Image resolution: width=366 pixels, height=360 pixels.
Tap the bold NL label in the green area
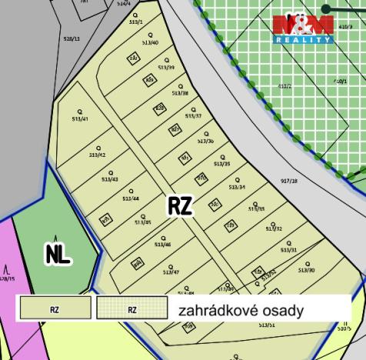pyautogui.click(x=58, y=255)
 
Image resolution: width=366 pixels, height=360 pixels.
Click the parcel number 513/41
pyautogui.click(x=79, y=119)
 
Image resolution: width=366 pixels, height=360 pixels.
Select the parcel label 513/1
pyautogui.click(x=136, y=22)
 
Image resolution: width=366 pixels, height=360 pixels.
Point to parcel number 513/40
pyautogui.click(x=151, y=43)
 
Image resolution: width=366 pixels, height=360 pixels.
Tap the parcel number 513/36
pyautogui.click(x=205, y=141)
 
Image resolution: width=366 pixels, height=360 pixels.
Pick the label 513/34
pyautogui.click(x=237, y=187)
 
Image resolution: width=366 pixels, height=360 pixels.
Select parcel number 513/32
pyautogui.click(x=274, y=228)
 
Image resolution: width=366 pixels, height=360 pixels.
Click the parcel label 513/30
pyautogui.click(x=307, y=270)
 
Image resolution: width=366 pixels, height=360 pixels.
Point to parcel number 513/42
pyautogui.click(x=97, y=155)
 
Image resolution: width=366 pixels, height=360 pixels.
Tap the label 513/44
pyautogui.click(x=131, y=198)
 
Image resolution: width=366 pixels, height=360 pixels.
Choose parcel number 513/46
pyautogui.click(x=162, y=245)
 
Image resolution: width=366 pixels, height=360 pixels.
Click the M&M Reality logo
pyautogui.click(x=303, y=29)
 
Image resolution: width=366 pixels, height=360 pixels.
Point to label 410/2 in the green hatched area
pyautogui.click(x=285, y=86)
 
